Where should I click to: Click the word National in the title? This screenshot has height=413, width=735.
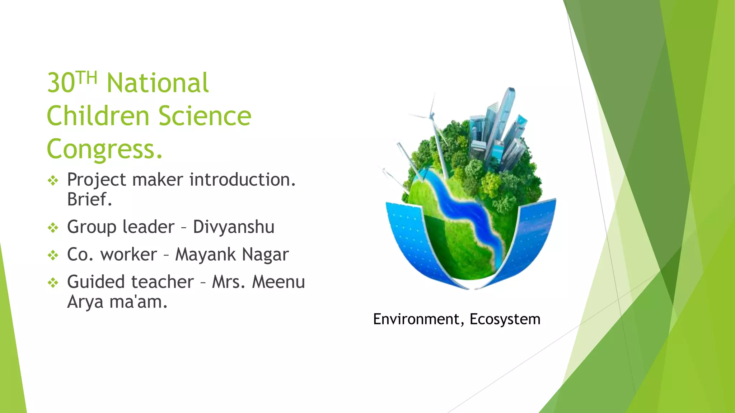pyautogui.click(x=158, y=83)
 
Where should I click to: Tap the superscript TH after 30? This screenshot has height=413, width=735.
pyautogui.click(x=87, y=77)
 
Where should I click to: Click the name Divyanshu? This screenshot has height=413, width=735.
pyautogui.click(x=234, y=227)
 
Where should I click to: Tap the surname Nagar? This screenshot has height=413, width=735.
pyautogui.click(x=265, y=255)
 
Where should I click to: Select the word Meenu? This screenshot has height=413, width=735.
pyautogui.click(x=278, y=282)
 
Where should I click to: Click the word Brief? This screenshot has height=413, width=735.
pyautogui.click(x=89, y=199)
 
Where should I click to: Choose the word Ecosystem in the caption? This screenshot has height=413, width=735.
pyautogui.click(x=505, y=319)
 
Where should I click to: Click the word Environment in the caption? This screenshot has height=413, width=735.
pyautogui.click(x=416, y=319)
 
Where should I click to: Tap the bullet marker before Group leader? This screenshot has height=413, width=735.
pyautogui.click(x=53, y=228)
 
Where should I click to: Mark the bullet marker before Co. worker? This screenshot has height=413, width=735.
pyautogui.click(x=53, y=255)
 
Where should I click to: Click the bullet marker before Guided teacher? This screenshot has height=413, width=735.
pyautogui.click(x=53, y=283)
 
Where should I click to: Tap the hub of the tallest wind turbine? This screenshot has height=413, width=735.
pyautogui.click(x=432, y=116)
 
